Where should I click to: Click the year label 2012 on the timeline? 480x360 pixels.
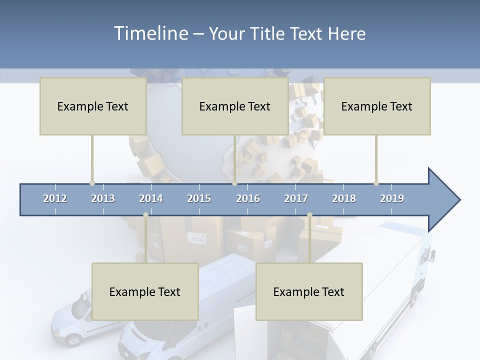(55, 198)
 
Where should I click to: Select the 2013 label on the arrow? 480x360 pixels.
(103, 198)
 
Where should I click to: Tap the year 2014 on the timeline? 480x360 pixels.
(151, 198)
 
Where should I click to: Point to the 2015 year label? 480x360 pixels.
(199, 198)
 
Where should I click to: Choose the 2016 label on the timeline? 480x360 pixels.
(248, 198)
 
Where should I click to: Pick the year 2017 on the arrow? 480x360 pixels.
(296, 198)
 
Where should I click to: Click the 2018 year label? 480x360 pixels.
(344, 198)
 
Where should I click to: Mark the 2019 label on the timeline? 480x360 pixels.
(392, 198)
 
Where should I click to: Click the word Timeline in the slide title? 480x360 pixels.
(150, 33)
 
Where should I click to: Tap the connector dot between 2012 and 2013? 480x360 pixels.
(92, 183)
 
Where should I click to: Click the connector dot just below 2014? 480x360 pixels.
(145, 215)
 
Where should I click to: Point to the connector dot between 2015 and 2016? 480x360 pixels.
(234, 183)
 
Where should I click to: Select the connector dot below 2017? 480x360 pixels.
(309, 215)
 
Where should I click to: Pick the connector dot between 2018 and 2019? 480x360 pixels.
(376, 183)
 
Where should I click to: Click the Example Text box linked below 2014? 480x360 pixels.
(145, 291)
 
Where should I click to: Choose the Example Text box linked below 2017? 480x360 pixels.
(309, 291)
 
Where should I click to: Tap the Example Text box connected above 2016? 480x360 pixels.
(235, 106)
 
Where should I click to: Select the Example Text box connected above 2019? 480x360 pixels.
(377, 106)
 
